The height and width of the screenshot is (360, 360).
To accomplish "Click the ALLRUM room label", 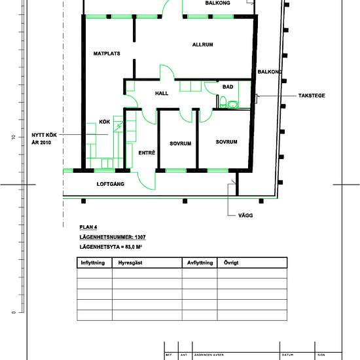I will pyautogui.click(x=203, y=45).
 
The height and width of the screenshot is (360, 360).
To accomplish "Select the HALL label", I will pyautogui.click(x=162, y=93).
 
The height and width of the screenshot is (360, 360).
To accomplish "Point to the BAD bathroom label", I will pyautogui.click(x=228, y=86).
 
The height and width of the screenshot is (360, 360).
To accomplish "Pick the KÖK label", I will pyautogui.click(x=104, y=122).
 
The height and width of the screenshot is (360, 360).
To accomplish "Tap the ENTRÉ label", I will pyautogui.click(x=147, y=153).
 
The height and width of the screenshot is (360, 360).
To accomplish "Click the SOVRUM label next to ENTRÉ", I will pyautogui.click(x=180, y=143).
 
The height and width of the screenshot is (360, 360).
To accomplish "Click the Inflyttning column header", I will pyautogui.click(x=92, y=262).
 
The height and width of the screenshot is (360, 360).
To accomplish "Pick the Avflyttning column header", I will pyautogui.click(x=199, y=262).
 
